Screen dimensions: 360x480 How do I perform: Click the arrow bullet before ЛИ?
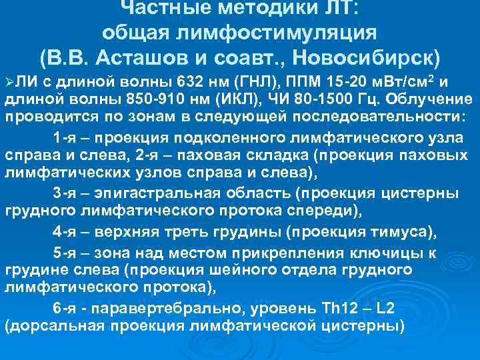pos(9,82)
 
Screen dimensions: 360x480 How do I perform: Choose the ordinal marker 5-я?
pos(65,253)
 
